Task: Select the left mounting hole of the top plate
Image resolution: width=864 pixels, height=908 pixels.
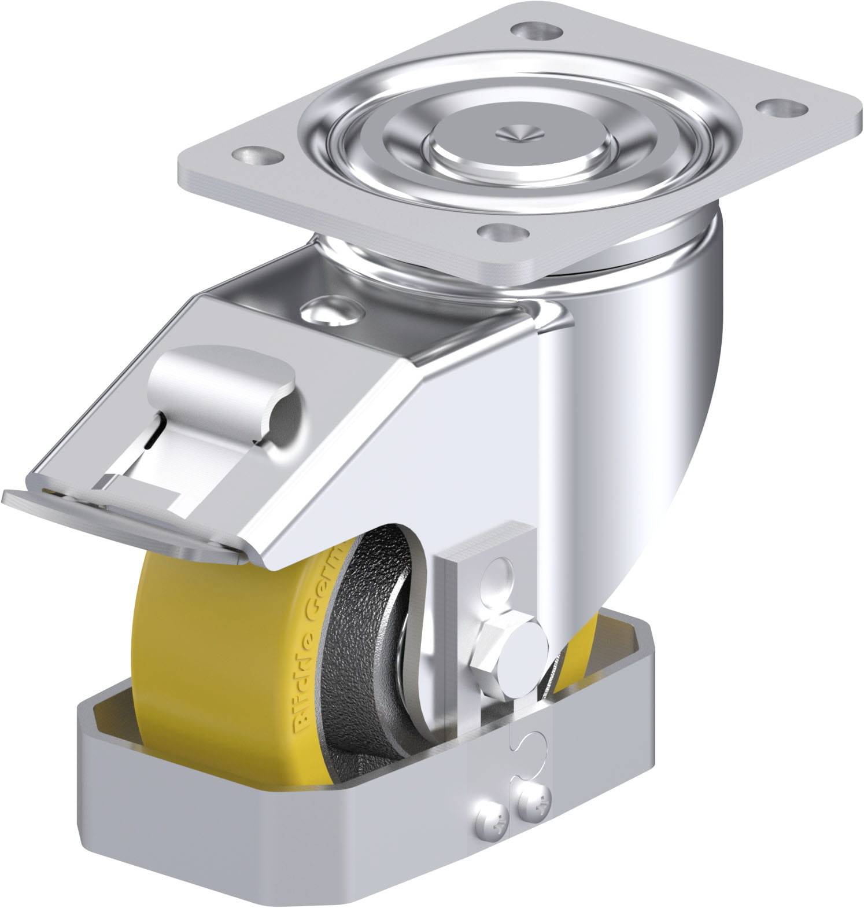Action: pos(254,154)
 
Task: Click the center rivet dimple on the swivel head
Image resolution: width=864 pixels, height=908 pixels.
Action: pos(519,134)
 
